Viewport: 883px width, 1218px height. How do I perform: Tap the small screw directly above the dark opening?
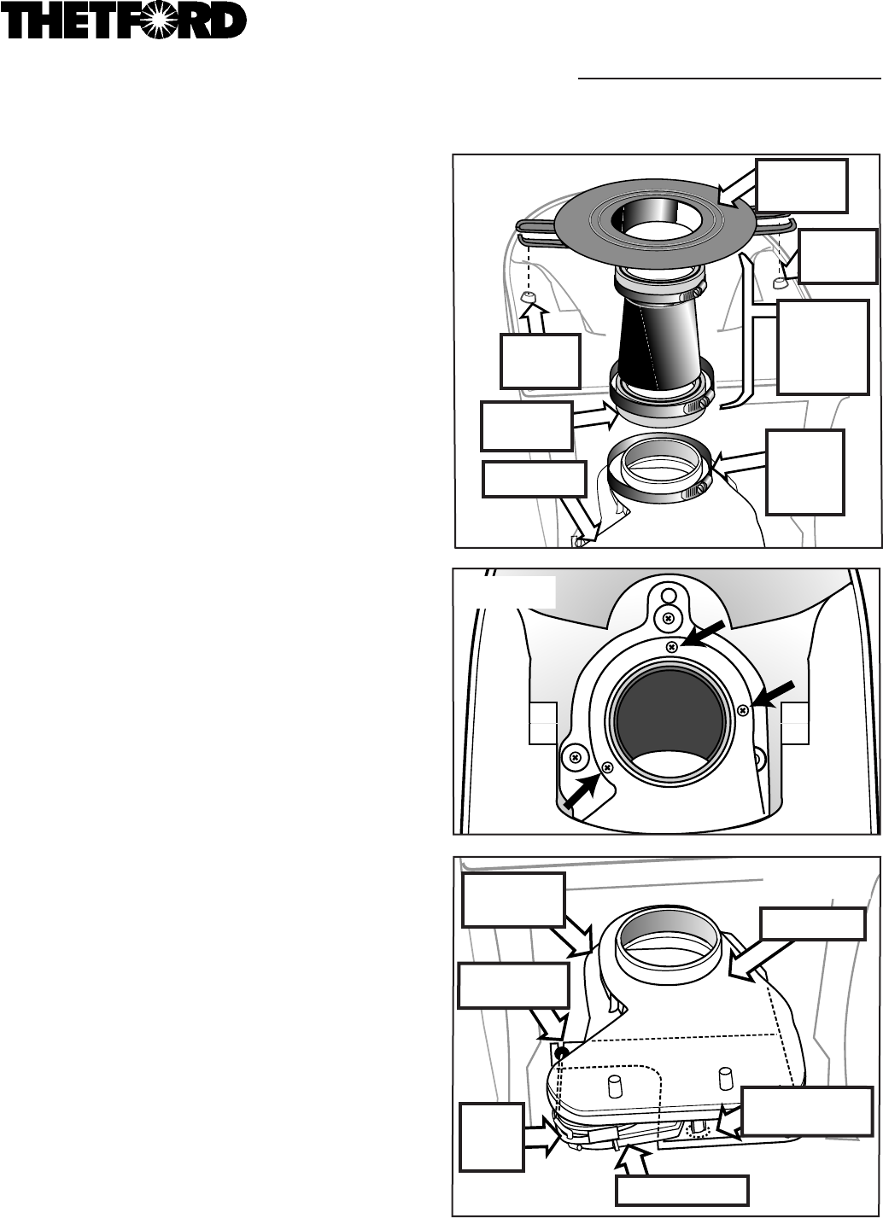672,646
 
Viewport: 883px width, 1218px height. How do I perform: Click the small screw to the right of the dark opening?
744,709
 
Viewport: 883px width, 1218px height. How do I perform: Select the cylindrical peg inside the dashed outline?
614,1083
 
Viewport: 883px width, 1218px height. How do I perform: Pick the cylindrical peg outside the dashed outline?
725,1078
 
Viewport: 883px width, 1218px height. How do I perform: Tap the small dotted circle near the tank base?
694,1129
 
